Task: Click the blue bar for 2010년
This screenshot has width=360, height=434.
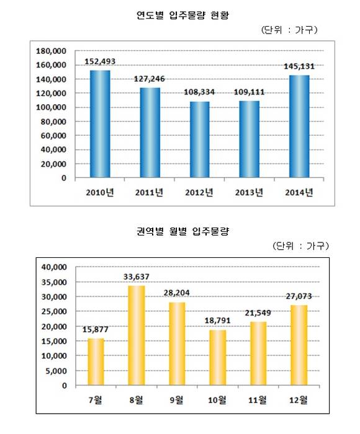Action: [x=100, y=124]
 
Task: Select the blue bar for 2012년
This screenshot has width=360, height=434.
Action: [x=199, y=139]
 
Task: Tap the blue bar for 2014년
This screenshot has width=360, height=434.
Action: [x=299, y=126]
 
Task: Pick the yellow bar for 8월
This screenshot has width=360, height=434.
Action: [x=137, y=335]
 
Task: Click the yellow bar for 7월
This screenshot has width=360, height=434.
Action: [x=96, y=361]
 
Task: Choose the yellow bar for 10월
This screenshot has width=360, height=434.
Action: [x=218, y=358]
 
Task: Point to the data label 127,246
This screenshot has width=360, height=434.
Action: [x=150, y=79]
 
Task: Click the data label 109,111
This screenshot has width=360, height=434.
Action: [x=249, y=92]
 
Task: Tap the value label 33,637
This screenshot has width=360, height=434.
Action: [x=137, y=277]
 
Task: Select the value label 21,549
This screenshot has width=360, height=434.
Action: [x=258, y=313]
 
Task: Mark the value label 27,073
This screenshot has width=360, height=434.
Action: [x=299, y=296]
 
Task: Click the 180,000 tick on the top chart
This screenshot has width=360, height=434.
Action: [x=52, y=51]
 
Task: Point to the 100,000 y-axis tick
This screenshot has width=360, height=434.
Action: [x=52, y=107]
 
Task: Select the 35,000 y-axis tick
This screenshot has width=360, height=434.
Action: [x=55, y=282]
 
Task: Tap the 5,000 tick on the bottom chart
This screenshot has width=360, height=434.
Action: [x=56, y=371]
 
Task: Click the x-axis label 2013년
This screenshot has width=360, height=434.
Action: [x=249, y=192]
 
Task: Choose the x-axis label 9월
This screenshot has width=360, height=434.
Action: [x=176, y=400]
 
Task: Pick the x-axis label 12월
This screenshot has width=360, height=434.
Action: [x=299, y=400]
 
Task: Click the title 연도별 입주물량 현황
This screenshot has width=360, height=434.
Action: [x=183, y=15]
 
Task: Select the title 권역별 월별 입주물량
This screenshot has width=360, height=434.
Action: [x=183, y=231]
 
